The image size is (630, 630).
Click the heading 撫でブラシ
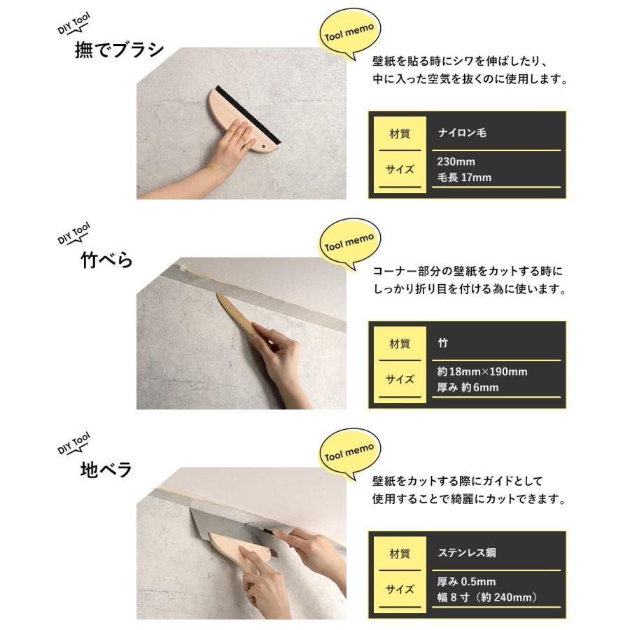click(x=119, y=50)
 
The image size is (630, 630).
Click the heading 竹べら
click(x=106, y=260)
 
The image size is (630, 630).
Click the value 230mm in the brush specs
click(x=456, y=162)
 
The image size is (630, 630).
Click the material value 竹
click(x=442, y=343)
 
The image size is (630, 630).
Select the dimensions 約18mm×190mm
click(x=482, y=372)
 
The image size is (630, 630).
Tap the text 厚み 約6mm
click(x=468, y=388)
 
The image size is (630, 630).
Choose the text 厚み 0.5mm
click(x=466, y=582)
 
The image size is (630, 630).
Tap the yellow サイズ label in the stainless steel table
click(x=400, y=589)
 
